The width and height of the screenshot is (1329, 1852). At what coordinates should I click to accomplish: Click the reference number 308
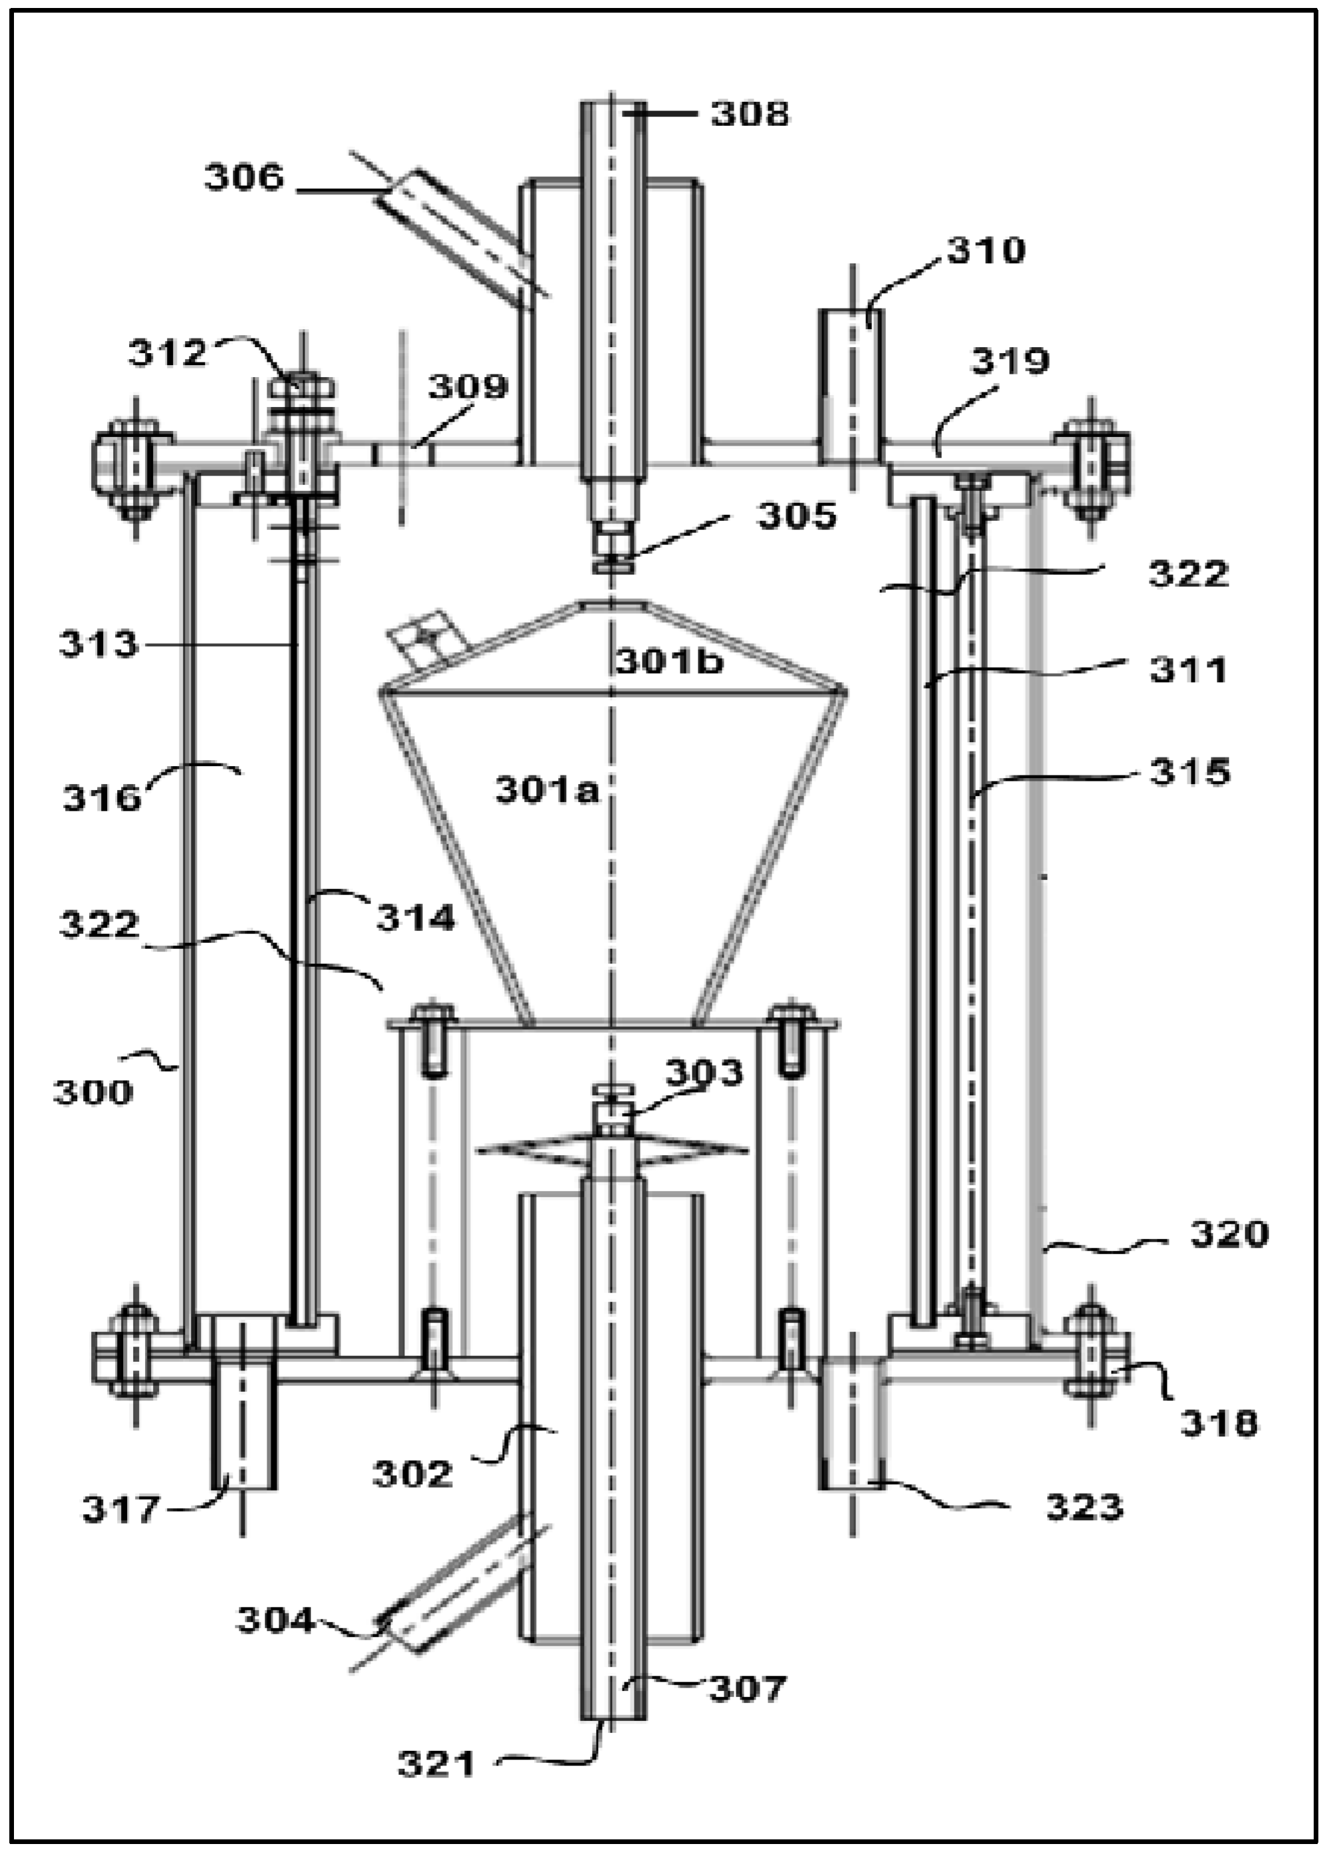tap(750, 114)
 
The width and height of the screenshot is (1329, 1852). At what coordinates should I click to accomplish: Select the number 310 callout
tap(985, 251)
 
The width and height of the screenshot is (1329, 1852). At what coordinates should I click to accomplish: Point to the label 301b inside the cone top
tap(669, 662)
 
